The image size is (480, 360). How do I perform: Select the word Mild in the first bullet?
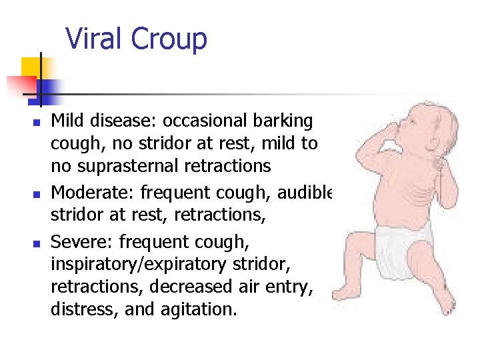coord(68,121)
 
